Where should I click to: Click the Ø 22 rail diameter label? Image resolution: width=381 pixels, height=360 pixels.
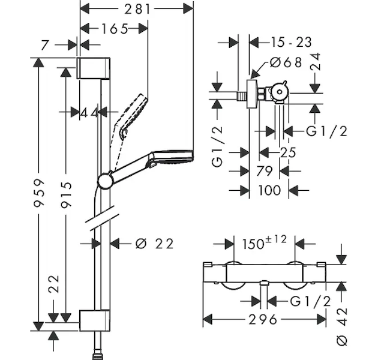click(x=154, y=244)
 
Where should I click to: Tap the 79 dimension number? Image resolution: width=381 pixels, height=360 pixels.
click(x=264, y=172)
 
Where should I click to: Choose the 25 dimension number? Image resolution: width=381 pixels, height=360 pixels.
click(x=287, y=153)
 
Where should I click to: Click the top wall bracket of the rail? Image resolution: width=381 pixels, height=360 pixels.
click(x=94, y=67)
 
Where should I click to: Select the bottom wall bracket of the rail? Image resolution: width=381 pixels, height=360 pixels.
click(x=94, y=320)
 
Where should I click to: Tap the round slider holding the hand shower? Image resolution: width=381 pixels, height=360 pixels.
click(x=105, y=180)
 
